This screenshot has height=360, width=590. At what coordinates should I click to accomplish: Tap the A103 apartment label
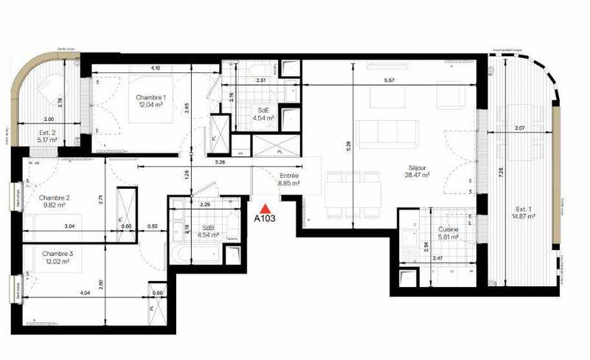point(265,219)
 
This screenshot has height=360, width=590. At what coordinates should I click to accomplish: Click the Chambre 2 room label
point(55,198)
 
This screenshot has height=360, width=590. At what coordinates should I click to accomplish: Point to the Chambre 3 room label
point(56,252)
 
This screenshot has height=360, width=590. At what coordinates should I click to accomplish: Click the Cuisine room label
point(448,230)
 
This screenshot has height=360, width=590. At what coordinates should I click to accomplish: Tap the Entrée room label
point(288,176)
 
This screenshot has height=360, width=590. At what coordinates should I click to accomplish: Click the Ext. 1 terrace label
point(524,208)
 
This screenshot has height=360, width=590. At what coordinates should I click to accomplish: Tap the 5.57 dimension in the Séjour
point(402,80)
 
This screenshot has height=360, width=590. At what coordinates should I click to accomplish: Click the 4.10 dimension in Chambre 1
point(156,68)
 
